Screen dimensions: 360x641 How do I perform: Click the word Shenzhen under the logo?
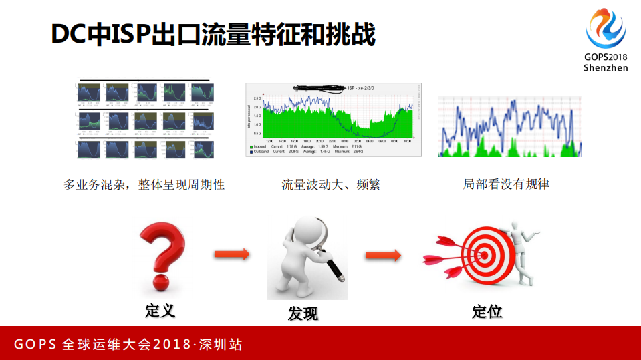pyautogui.click(x=606, y=68)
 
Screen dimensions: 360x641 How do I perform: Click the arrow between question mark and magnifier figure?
pyautogui.click(x=231, y=254)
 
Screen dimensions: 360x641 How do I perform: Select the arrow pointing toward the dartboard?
pyautogui.click(x=382, y=255)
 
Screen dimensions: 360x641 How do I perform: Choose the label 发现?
pyautogui.click(x=303, y=313)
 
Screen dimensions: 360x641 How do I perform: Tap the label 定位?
pyautogui.click(x=487, y=311)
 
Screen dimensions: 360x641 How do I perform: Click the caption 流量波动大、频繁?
pyautogui.click(x=331, y=185)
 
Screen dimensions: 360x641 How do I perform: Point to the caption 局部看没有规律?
pyautogui.click(x=506, y=184)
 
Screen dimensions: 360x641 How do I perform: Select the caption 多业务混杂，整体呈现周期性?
pyautogui.click(x=144, y=185)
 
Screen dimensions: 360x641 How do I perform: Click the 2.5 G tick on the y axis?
pyautogui.click(x=257, y=98)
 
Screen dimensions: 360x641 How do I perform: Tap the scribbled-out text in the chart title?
pyautogui.click(x=319, y=87)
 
